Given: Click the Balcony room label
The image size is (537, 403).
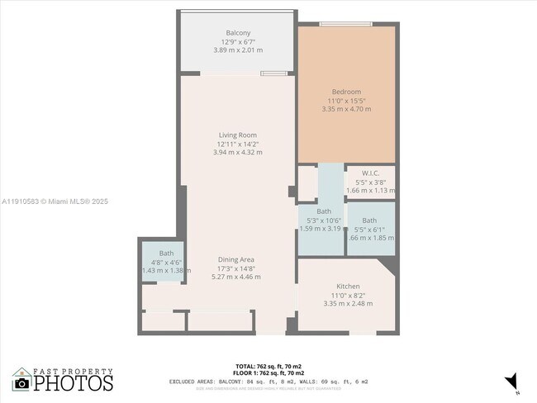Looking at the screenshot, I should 238,32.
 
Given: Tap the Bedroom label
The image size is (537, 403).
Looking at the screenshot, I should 346,91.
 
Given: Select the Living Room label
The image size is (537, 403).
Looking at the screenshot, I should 237,135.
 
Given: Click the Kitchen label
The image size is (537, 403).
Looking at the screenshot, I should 346,287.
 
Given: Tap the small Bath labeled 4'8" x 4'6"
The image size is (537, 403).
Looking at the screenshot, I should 167,254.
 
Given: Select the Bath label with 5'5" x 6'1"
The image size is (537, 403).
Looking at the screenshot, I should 368,220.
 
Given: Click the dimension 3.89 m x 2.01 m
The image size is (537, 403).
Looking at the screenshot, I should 238,50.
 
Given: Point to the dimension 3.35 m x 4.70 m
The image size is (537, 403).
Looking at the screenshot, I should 346,109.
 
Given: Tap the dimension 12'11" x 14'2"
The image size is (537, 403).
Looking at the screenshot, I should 237,144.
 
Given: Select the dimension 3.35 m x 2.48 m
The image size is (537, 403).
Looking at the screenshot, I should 346,304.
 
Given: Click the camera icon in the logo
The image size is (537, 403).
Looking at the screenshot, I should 21,383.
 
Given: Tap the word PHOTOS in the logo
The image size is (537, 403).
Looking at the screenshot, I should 74,383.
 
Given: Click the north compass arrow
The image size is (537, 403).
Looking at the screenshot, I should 511,381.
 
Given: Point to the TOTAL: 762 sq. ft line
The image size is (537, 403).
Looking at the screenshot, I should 268,366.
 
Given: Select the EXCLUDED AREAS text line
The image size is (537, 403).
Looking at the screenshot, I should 268,382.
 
